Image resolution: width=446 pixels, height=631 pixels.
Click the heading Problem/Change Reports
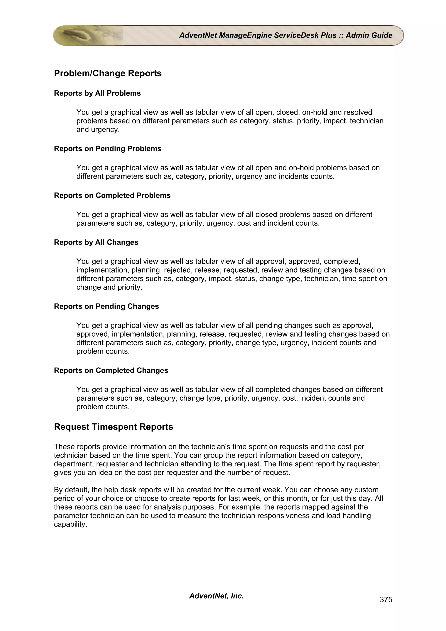108,73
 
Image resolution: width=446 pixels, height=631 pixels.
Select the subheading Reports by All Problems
97,93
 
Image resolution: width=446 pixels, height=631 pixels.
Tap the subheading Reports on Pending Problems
107,149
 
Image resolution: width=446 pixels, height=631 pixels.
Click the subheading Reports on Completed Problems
112,195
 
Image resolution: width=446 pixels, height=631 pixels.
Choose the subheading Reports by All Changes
96,242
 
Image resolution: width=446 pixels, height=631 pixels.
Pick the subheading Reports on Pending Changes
106,306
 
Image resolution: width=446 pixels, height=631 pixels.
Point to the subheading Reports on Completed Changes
111,370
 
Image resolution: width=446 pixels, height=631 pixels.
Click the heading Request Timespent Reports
113,427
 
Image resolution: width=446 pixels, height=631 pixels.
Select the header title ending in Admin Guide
286,35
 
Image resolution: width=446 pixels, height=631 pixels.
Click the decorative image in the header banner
88,36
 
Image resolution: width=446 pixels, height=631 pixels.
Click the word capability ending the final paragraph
70,524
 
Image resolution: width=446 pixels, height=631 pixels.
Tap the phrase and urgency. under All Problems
98,130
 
